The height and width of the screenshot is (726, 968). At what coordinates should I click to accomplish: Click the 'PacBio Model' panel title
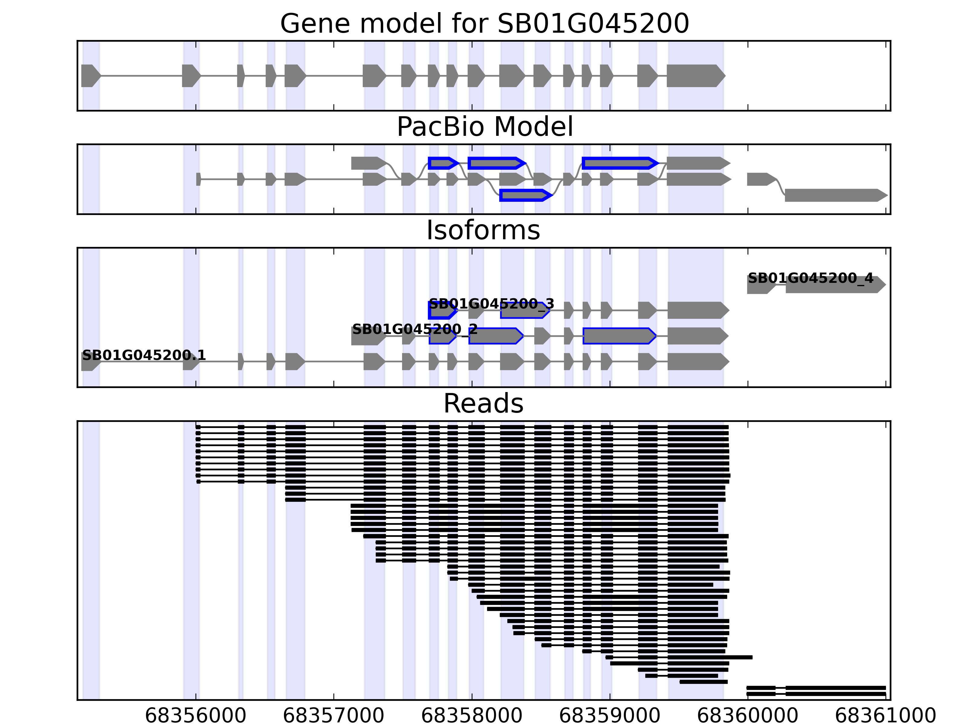pos(484,127)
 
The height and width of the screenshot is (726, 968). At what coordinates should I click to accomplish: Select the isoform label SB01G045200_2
pos(414,329)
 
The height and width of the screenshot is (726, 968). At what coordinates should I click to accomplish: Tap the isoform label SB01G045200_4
pos(810,278)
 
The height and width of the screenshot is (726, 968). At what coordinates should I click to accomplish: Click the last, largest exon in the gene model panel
pos(695,76)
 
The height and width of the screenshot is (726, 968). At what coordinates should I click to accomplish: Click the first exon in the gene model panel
pos(90,76)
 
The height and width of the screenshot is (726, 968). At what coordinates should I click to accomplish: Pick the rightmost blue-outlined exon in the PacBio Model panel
pos(619,163)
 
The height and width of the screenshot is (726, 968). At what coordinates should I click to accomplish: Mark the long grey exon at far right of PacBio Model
pos(835,195)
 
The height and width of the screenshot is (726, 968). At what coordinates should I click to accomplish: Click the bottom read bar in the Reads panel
pos(816,694)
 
